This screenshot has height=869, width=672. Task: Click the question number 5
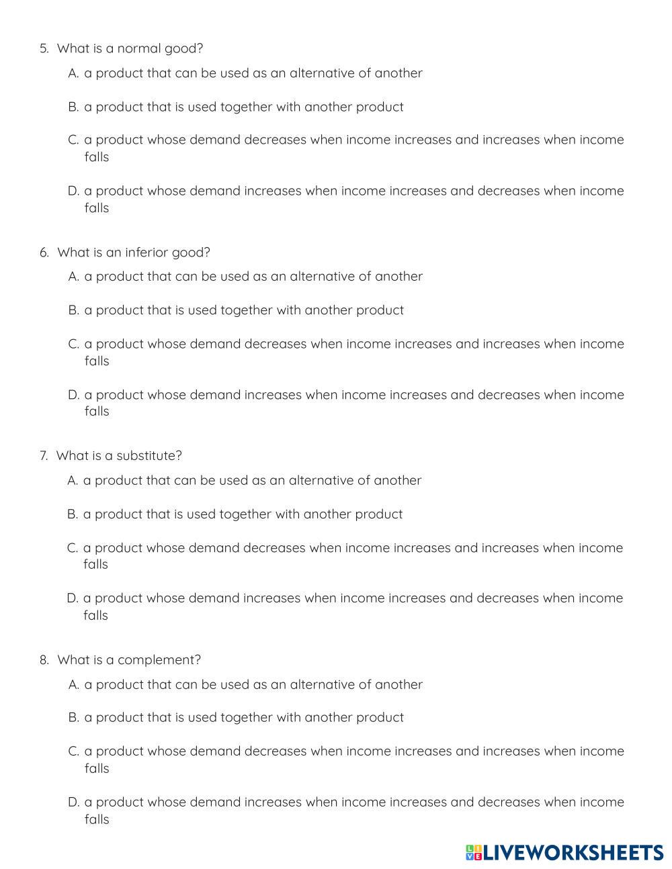click(44, 49)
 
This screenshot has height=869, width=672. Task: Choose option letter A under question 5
click(73, 73)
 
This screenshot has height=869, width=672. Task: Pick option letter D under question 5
click(73, 191)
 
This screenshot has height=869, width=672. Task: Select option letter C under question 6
click(73, 345)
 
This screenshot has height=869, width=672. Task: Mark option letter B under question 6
click(73, 310)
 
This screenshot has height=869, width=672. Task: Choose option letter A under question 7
click(73, 481)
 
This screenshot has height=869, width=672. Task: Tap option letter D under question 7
click(73, 598)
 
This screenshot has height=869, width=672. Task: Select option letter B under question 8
click(73, 718)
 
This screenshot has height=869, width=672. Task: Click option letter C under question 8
click(73, 751)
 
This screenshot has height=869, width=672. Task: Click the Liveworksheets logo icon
click(474, 853)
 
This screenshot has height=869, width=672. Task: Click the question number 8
click(44, 660)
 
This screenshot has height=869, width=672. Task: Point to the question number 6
click(44, 253)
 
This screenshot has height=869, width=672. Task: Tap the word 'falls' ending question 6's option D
click(96, 412)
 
